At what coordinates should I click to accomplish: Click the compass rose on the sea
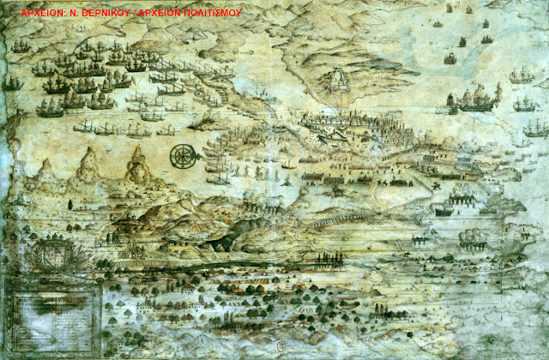182,156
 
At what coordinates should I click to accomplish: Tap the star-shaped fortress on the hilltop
338,81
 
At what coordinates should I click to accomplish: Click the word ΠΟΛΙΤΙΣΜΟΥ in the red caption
210,14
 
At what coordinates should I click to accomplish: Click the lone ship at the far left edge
11,83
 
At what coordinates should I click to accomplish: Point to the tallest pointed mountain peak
136,159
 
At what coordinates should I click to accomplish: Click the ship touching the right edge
537,129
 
